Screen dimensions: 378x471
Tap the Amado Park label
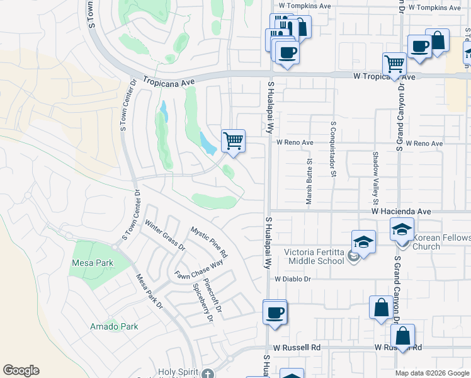pyautogui.click(x=114, y=326)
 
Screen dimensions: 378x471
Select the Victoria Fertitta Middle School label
pyautogui.click(x=314, y=256)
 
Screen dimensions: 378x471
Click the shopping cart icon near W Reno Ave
pyautogui.click(x=233, y=140)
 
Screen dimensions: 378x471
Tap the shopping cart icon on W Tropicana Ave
pyautogui.click(x=394, y=63)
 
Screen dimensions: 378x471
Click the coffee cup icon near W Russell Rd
pyautogui.click(x=275, y=312)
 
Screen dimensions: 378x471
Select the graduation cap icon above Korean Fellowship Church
pyautogui.click(x=402, y=229)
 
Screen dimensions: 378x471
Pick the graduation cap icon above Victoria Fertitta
pyautogui.click(x=363, y=241)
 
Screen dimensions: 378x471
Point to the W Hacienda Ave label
pyautogui.click(x=400, y=212)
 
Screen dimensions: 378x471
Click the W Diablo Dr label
pyautogui.click(x=293, y=278)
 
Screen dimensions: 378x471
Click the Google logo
pyautogui.click(x=21, y=370)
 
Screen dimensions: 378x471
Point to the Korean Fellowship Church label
pyautogui.click(x=441, y=242)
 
